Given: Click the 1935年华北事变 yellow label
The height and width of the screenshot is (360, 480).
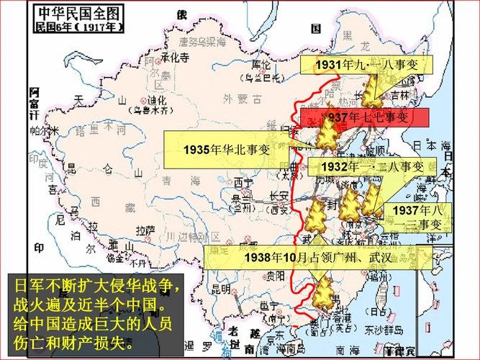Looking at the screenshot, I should (225, 149).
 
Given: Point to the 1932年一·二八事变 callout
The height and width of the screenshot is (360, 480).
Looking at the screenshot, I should (373, 167).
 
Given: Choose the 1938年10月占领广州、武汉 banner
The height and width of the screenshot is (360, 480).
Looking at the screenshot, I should (319, 258).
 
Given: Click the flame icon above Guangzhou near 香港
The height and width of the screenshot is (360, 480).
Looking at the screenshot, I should (325, 293).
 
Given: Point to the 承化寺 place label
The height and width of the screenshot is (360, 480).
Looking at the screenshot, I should (175, 57).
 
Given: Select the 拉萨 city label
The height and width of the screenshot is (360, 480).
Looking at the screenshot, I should (145, 230).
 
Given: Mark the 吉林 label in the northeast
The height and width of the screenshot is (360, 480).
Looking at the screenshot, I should (399, 94).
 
